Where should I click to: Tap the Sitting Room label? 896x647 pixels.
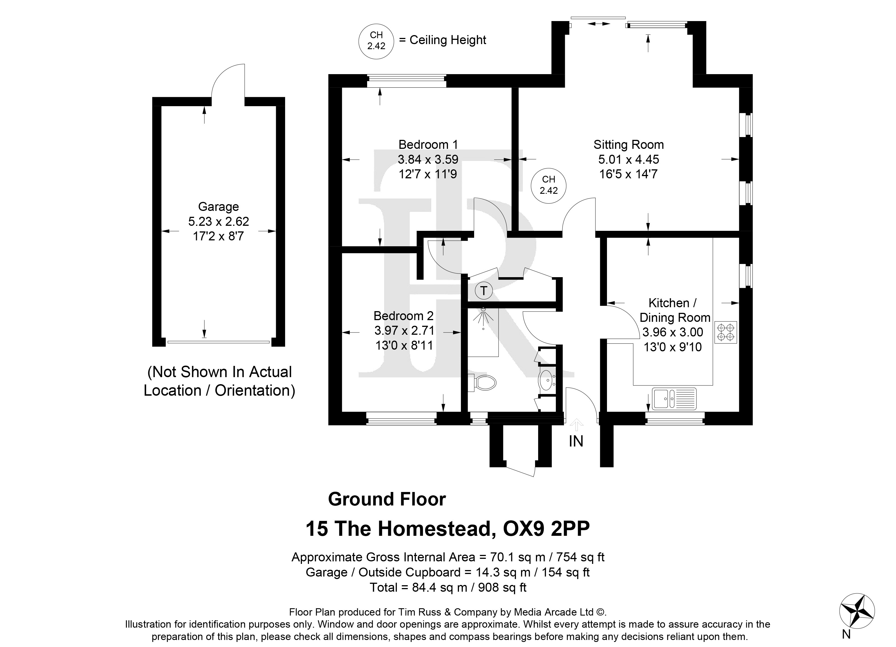[629, 145]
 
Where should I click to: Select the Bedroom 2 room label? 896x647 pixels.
[403, 316]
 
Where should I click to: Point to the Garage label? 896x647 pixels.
[219, 207]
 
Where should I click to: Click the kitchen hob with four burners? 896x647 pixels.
[726, 332]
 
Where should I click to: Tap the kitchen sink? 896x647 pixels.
[674, 398]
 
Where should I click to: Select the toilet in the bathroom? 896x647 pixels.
[482, 382]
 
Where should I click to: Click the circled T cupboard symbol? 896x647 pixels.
[484, 291]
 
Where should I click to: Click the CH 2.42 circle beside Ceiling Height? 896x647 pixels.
[376, 41]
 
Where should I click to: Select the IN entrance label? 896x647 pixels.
[576, 441]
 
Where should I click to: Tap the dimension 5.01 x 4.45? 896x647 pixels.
[629, 160]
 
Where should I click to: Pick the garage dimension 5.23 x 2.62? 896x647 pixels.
[219, 222]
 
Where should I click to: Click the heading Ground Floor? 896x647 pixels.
[387, 499]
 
